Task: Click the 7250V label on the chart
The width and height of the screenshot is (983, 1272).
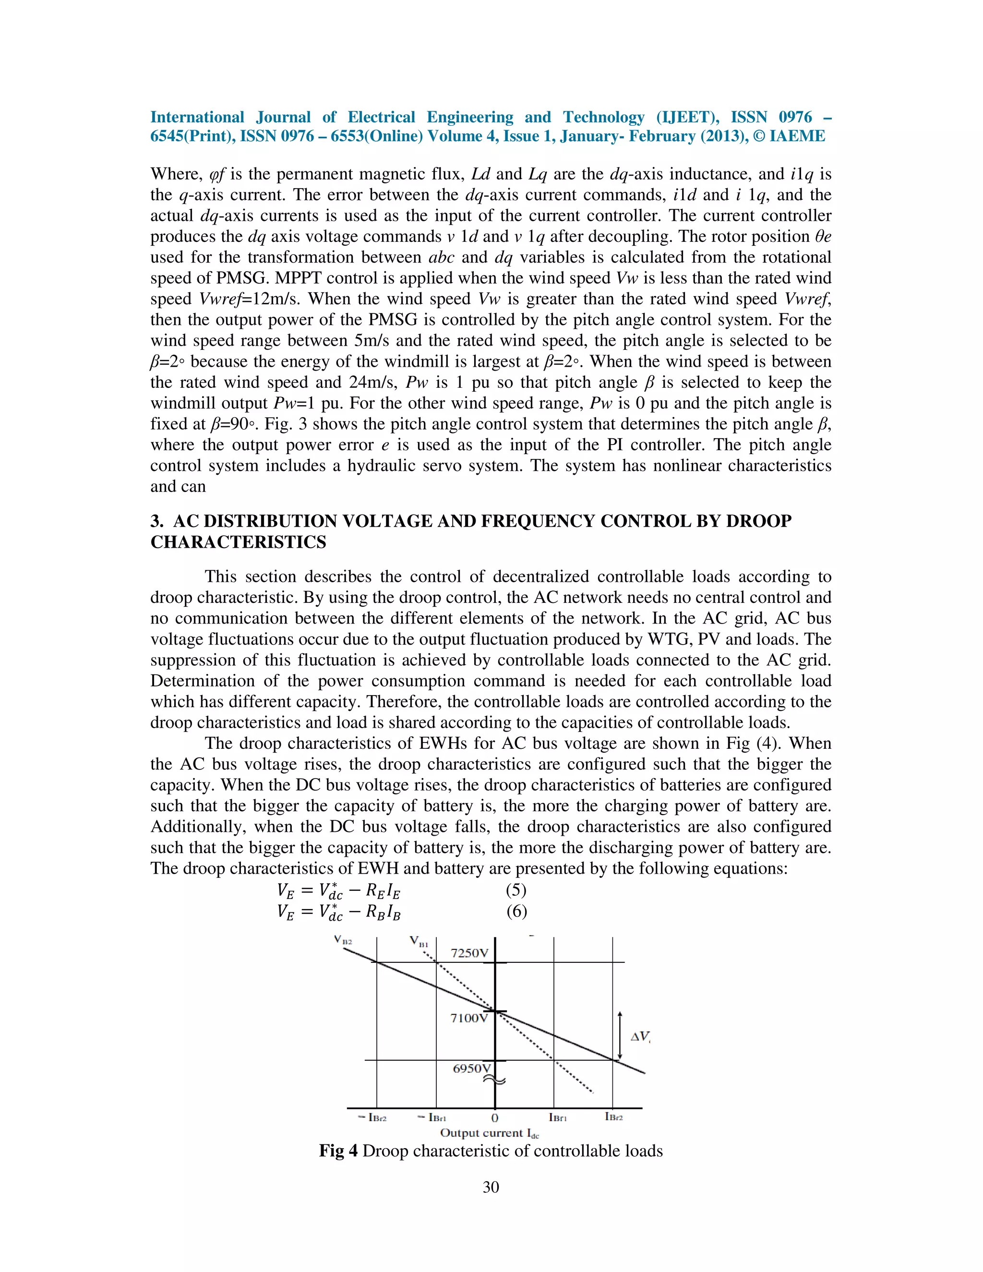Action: (469, 953)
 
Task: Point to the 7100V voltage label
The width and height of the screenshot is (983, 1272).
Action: (468, 1018)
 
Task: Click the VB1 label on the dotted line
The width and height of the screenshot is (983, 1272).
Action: (419, 942)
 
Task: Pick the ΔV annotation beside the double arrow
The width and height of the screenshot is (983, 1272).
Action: (640, 1037)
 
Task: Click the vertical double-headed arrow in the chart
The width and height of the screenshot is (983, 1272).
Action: (620, 1035)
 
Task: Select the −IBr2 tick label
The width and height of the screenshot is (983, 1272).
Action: (372, 1117)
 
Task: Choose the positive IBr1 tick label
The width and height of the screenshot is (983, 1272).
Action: (558, 1117)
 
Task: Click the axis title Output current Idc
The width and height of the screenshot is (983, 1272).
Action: (489, 1133)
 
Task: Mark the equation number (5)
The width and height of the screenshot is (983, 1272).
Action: (516, 890)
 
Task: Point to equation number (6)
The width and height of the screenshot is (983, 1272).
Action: (516, 912)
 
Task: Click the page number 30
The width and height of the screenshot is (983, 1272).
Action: (491, 1188)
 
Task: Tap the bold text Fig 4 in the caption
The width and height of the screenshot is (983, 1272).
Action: (338, 1152)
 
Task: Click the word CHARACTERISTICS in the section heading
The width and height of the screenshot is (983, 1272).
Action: (238, 542)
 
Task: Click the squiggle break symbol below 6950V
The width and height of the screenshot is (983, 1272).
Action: (493, 1081)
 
